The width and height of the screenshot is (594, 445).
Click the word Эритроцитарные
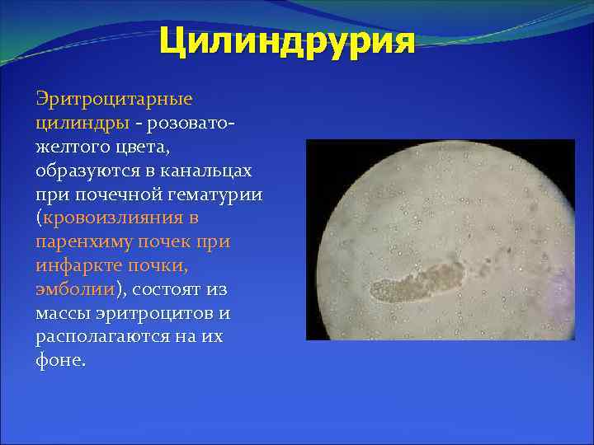coord(114,99)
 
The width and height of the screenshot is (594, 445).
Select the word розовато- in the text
coord(191,123)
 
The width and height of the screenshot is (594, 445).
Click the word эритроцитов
coord(163,314)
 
